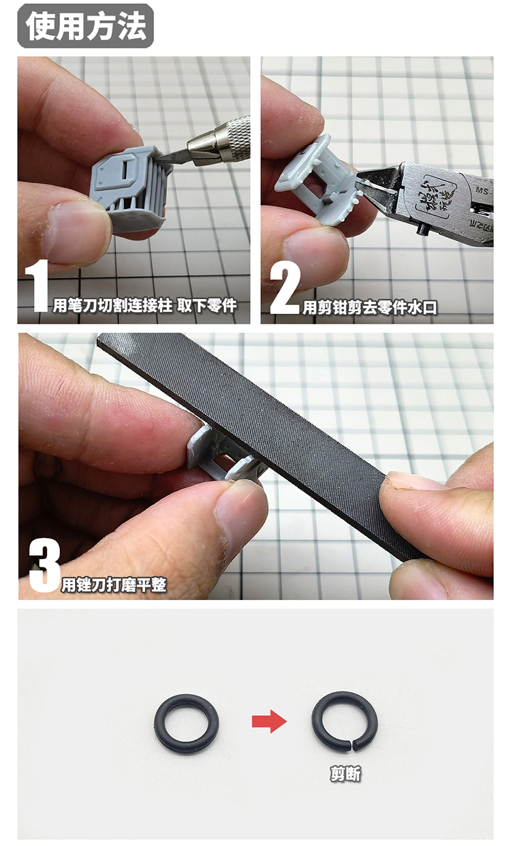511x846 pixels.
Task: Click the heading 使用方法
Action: tap(85, 25)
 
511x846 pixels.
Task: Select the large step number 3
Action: tap(44, 566)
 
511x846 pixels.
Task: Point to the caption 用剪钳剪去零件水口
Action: tap(370, 307)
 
